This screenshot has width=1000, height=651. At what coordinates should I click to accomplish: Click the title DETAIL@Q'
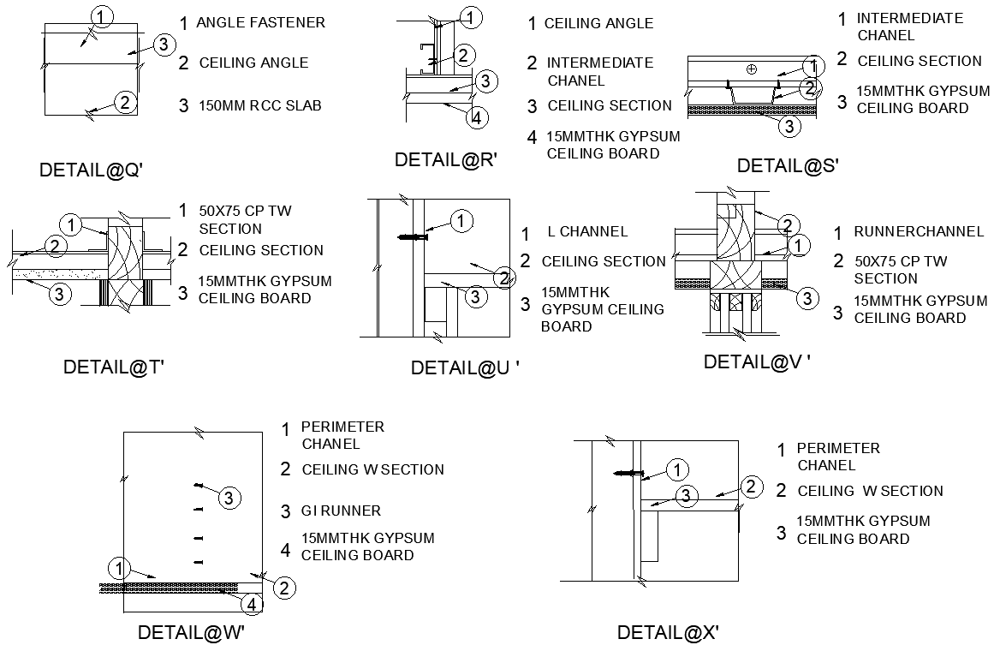pyautogui.click(x=91, y=170)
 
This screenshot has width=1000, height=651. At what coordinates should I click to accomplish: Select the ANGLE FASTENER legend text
pyautogui.click(x=260, y=23)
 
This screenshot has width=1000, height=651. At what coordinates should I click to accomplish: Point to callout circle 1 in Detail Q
pyautogui.click(x=102, y=16)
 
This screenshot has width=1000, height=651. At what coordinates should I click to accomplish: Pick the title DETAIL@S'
pyautogui.click(x=788, y=165)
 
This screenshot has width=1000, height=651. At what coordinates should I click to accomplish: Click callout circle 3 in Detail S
pyautogui.click(x=789, y=127)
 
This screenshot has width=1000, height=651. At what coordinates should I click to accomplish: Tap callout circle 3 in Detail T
pyautogui.click(x=58, y=295)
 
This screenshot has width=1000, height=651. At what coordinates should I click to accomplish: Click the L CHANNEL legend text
pyautogui.click(x=587, y=232)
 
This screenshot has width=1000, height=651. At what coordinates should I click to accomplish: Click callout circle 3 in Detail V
pyautogui.click(x=807, y=298)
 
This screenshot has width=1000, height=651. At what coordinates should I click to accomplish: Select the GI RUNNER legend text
pyautogui.click(x=341, y=511)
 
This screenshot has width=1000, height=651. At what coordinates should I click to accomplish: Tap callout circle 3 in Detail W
pyautogui.click(x=229, y=498)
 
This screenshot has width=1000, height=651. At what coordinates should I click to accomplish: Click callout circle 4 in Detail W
pyautogui.click(x=251, y=605)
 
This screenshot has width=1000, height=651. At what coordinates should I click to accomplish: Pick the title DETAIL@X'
pyautogui.click(x=668, y=633)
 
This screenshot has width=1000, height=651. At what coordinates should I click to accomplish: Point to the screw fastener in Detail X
pyautogui.click(x=630, y=473)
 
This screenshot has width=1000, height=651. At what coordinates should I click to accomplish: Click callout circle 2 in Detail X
pyautogui.click(x=750, y=487)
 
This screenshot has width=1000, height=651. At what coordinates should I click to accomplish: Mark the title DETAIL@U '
pyautogui.click(x=466, y=368)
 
